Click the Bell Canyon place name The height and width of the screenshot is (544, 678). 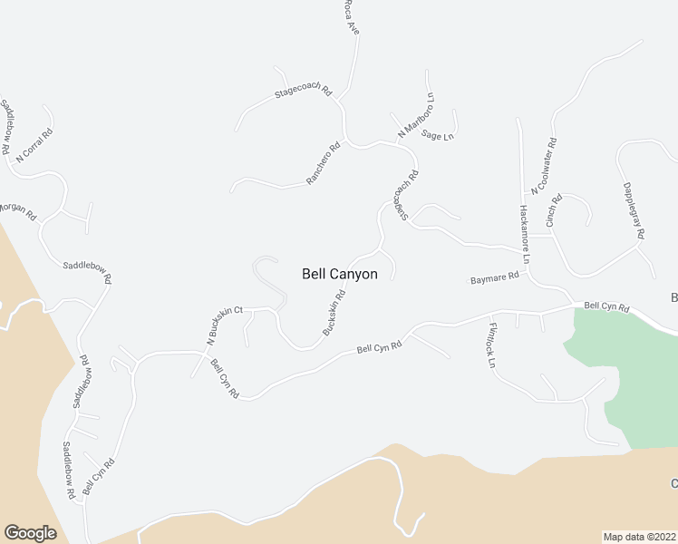339,273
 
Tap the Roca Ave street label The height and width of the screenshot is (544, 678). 352,18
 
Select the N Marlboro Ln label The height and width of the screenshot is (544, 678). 417,115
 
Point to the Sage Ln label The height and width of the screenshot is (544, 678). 438,135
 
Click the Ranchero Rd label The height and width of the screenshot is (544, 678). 323,163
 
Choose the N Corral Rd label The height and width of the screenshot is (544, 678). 34,144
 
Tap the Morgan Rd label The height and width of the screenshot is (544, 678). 16,211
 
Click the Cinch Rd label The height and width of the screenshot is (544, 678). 554,210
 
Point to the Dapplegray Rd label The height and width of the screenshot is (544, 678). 633,211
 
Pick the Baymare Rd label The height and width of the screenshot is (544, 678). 494,277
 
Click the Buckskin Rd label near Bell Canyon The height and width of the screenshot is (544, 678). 335,311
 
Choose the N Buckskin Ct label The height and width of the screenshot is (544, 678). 225,325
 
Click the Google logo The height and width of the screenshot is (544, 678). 30,532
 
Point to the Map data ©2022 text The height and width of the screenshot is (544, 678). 639,536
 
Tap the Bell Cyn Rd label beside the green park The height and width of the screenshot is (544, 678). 606,307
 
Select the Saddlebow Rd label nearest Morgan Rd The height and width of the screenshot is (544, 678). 87,272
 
